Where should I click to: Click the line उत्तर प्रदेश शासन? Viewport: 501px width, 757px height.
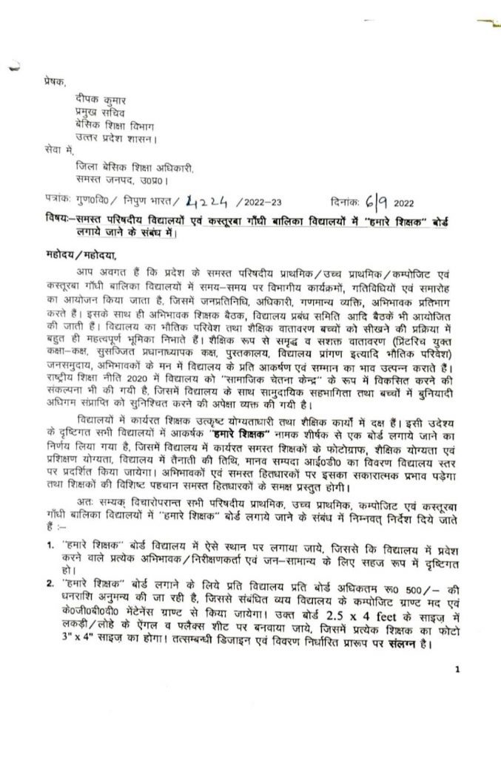(110, 138)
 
